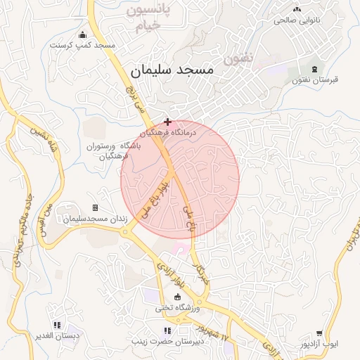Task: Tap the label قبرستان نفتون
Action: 314,79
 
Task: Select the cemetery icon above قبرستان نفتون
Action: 314,69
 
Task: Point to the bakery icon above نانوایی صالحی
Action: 297,9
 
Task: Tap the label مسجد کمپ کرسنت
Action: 83,45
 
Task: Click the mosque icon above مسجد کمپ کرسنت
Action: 83,35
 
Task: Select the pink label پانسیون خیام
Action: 146,19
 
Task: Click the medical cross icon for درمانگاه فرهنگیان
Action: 167,122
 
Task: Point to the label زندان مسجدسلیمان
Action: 95,219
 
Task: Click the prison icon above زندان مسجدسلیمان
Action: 95,208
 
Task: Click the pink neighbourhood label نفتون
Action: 238,59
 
